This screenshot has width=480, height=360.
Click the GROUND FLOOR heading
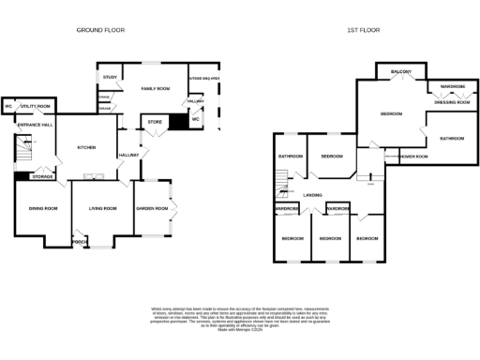100,30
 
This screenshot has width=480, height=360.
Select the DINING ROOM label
43,208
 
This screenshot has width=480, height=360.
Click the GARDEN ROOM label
152,208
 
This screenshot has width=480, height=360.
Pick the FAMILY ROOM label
155,88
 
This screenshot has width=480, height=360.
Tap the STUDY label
109,77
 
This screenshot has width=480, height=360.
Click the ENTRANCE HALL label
34,125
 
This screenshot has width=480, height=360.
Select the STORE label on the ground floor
154,120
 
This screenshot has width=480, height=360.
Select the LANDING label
313,195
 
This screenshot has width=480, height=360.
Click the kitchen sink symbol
94,175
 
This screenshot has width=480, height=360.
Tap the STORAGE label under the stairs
42,175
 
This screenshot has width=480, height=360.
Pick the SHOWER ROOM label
412,156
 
